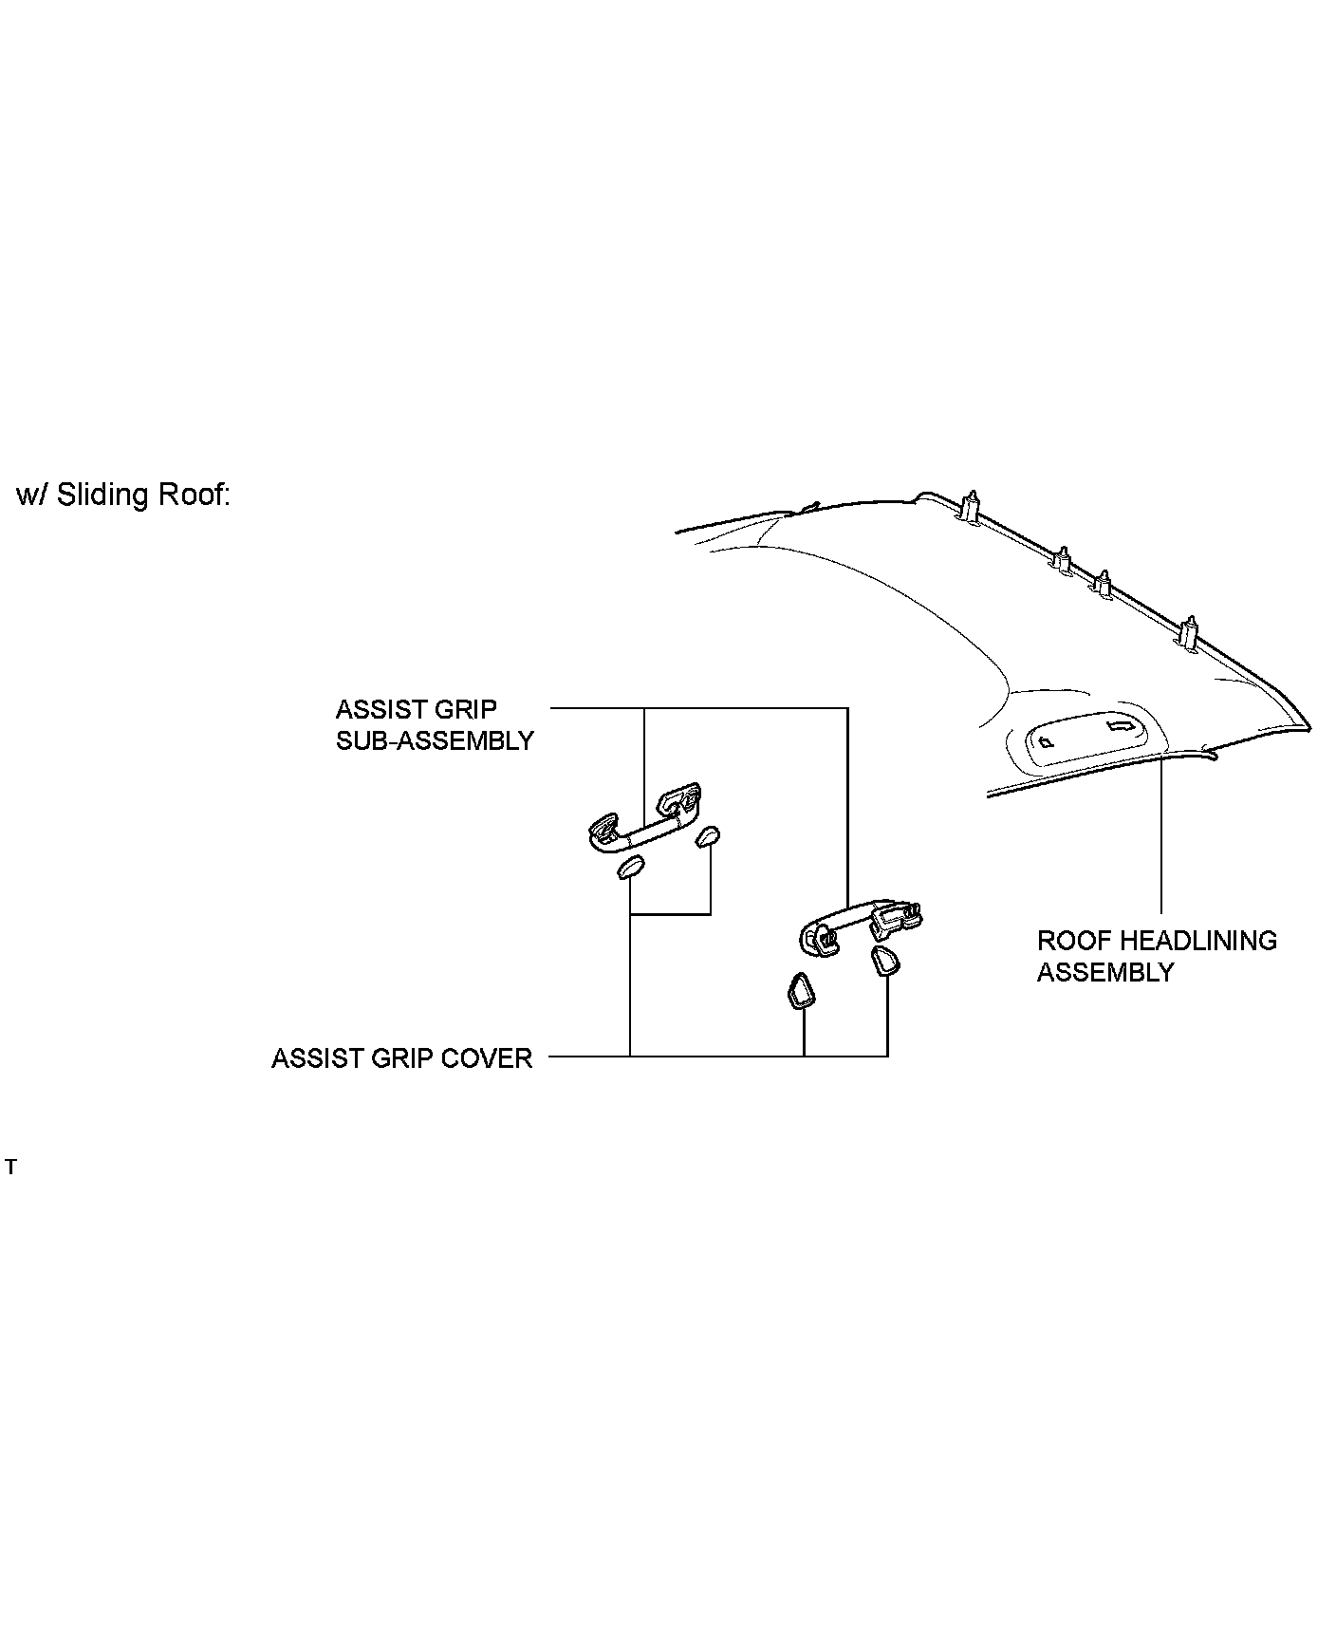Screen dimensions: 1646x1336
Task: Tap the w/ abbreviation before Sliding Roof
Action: [32, 496]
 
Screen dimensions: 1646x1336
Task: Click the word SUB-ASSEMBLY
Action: [435, 741]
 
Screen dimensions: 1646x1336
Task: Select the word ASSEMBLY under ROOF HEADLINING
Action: [1104, 972]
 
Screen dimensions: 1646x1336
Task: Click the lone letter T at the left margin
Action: [10, 1168]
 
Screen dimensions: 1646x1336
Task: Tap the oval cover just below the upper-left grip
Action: [631, 867]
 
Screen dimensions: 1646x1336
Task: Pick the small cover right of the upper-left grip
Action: [707, 836]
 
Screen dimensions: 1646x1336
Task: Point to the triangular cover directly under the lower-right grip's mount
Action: [885, 961]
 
